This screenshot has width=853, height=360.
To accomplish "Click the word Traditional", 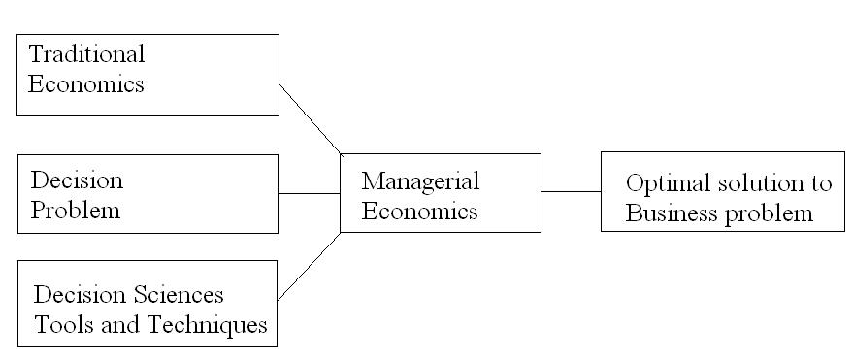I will tap(86, 53).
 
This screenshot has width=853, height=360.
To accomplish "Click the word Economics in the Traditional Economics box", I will tap(86, 83).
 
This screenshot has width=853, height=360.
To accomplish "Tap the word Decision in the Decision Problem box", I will tap(78, 180).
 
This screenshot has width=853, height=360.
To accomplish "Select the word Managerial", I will tap(420, 180).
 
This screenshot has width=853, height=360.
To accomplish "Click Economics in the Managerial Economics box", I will tap(420, 211).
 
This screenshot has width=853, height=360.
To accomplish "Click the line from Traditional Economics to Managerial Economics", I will tap(310, 118).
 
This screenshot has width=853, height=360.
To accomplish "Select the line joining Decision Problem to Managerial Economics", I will tap(310, 193).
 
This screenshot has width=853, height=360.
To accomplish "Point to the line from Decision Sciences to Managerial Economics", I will tap(310, 265).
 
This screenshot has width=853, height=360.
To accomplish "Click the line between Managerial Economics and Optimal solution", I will tap(571, 192).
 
